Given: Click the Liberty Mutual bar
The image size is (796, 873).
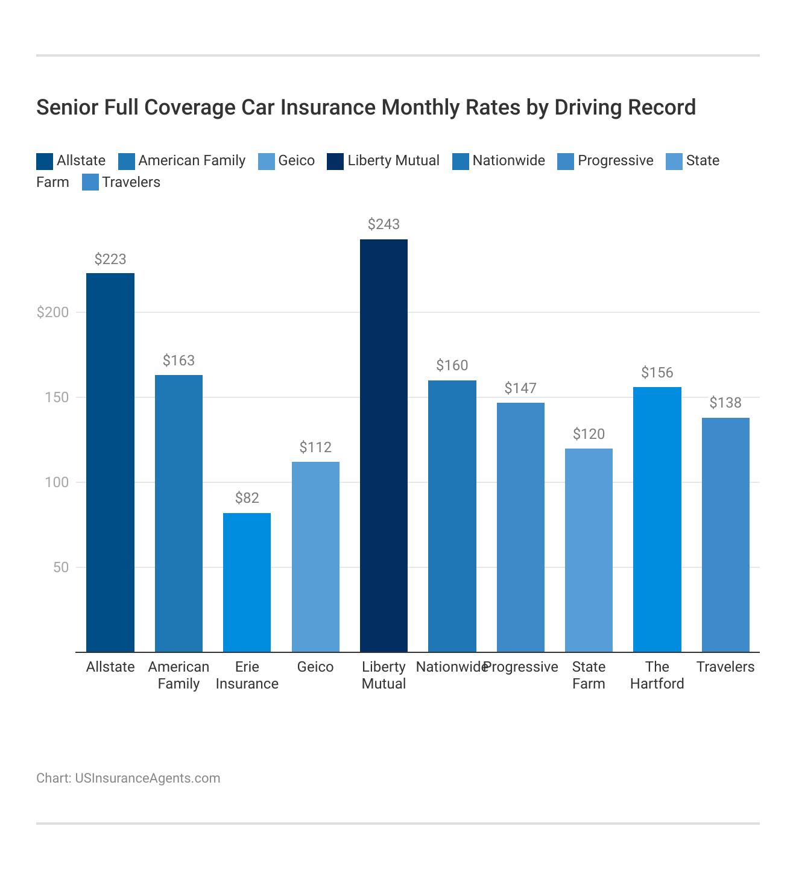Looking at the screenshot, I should tap(384, 446).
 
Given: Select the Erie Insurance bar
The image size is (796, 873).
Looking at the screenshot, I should tap(247, 582).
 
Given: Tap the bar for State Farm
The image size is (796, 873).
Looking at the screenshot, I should tap(589, 550).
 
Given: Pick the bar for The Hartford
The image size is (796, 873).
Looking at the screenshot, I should tap(657, 519).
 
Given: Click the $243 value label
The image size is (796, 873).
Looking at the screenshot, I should tap(384, 224).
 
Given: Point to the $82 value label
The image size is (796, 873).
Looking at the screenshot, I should tap(247, 498).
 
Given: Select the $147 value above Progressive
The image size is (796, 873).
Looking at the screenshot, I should tap(520, 388).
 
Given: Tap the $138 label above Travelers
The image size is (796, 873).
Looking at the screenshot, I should tap(725, 403).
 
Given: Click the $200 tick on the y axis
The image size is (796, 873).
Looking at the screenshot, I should tap(53, 312).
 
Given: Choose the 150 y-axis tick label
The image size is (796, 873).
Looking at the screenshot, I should tap(57, 397).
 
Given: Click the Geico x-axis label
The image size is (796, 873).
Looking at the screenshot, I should tap(315, 667).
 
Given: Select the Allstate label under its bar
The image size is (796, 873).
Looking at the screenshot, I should tap(110, 667).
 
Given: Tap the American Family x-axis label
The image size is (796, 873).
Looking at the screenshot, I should tap(178, 675).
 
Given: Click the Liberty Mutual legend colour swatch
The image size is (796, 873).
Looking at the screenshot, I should tap(335, 161).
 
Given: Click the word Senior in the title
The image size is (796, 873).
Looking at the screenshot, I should tap(67, 107).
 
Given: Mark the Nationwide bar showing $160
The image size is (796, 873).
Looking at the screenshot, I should tap(452, 516).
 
